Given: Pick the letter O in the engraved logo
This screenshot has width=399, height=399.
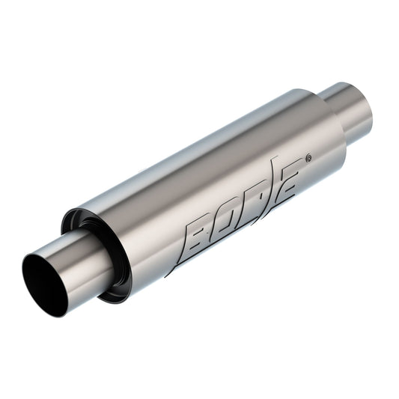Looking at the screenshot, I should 225,220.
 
